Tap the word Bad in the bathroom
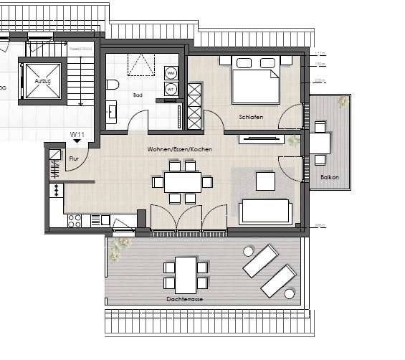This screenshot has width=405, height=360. pos(138,94)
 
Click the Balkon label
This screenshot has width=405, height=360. pos(329,176)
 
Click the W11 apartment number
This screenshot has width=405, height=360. pos(77,134)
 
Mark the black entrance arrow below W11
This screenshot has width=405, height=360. pos(77,142)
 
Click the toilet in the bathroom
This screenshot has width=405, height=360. pos(113,86)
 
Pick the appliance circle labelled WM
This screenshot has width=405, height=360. pos(171,73)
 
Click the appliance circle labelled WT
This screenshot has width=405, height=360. pos(171,89)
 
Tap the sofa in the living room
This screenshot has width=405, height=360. pos(266,210)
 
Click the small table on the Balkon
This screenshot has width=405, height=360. pos(319,143)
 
